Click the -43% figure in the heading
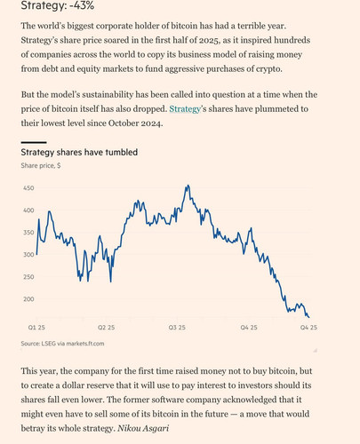[x=82, y=6]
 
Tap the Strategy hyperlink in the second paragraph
[x=185, y=109]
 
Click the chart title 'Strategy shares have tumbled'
[x=79, y=153]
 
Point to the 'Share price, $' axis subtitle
[x=41, y=165]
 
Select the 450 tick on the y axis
[x=28, y=188]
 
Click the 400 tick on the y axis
[x=28, y=210]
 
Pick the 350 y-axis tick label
[x=28, y=233]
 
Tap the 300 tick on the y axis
[x=28, y=255]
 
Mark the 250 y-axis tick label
[x=28, y=277]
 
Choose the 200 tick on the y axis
[x=28, y=299]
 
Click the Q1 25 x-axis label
[x=36, y=328]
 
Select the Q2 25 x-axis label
[x=106, y=328]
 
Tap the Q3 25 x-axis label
[x=177, y=328]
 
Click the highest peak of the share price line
[x=188, y=186]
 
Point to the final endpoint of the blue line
[x=309, y=318]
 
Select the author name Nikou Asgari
[x=143, y=428]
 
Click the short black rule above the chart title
[x=34, y=142]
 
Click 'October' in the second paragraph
[x=124, y=123]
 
